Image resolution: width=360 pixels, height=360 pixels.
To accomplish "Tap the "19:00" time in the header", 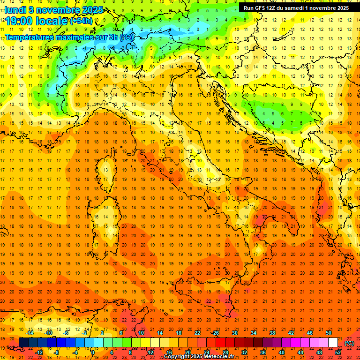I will point(18,21).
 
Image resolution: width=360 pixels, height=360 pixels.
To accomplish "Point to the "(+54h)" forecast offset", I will point(81,21).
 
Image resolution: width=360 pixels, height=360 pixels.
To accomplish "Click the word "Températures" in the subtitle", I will point(29,37).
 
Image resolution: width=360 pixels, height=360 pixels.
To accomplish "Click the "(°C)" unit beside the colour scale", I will point(349,343).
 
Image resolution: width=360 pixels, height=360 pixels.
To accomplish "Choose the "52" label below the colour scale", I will point(338,352).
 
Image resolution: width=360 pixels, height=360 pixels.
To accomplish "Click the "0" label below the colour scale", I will point(93,352).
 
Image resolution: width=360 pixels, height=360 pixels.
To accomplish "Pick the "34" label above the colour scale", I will point(254,333).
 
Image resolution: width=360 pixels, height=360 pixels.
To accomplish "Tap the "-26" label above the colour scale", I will point(215,333).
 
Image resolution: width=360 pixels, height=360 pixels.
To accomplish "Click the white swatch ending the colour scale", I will point(333,343).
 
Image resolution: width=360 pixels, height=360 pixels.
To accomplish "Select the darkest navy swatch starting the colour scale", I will point(23,343).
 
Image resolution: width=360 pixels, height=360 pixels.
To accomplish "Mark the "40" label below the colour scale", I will point(282,352).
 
